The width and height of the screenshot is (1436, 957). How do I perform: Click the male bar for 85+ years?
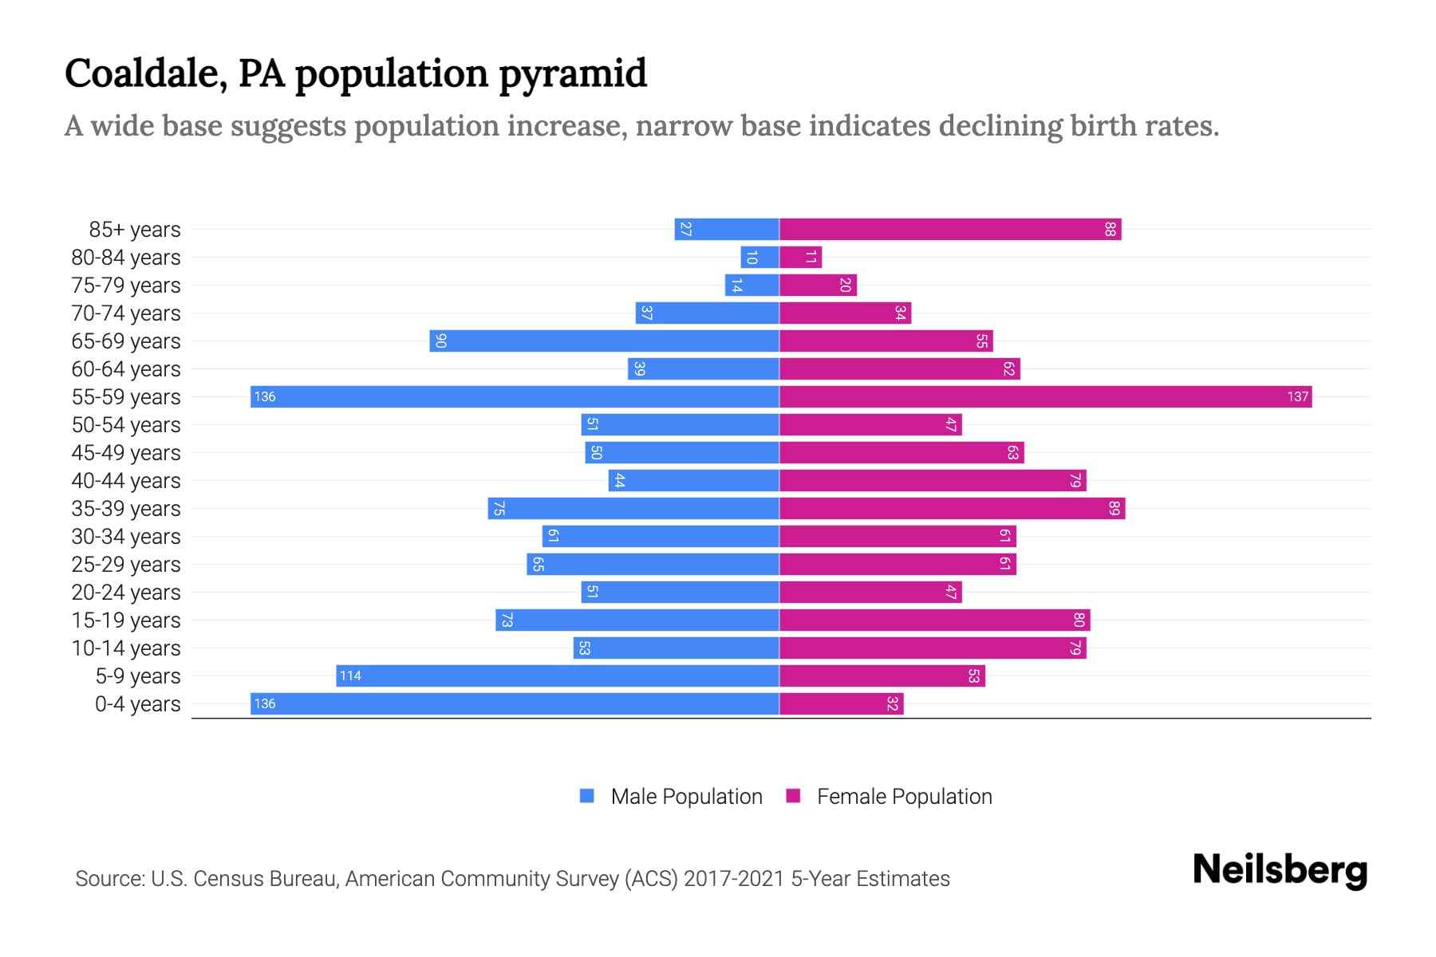coord(727,230)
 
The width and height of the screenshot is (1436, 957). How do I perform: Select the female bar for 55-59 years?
coord(1045,397)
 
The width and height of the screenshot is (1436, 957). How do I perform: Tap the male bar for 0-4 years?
coord(515,704)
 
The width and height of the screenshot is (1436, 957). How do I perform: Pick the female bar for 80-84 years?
coord(800,258)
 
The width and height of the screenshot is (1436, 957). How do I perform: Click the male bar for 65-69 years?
coord(604,341)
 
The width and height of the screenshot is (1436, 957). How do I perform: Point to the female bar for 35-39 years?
coord(952,509)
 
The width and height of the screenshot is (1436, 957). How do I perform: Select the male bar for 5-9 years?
coord(558,676)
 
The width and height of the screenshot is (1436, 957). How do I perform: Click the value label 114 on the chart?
coord(350,676)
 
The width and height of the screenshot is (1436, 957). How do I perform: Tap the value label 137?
coord(1297,397)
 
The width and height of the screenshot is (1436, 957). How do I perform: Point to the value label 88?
coord(1110,230)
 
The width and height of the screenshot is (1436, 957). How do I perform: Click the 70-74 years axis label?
coord(126,313)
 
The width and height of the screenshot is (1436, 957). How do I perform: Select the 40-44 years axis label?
coord(126,481)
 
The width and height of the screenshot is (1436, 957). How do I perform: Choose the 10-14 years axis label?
coord(126,648)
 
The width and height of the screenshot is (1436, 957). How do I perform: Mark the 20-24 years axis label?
coord(126,593)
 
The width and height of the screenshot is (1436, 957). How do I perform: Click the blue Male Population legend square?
coord(587,796)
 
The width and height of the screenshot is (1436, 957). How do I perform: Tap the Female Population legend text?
coord(904,797)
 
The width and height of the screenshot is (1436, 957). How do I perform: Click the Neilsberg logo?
coord(1280,870)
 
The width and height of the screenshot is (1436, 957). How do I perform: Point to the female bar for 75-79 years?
coord(818,286)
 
